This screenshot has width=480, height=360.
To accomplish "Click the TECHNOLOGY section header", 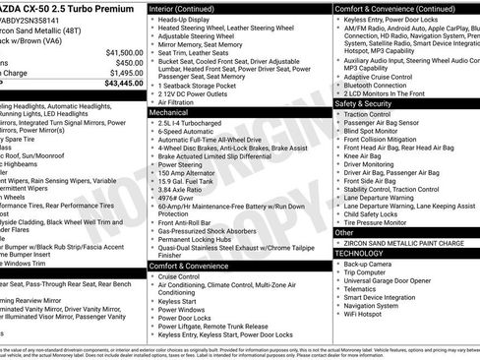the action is (358, 253).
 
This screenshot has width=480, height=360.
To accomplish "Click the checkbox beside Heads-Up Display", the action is (152, 20).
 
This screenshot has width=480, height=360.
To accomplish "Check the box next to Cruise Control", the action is (152, 277).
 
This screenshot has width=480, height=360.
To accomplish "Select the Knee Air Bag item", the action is (364, 155).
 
